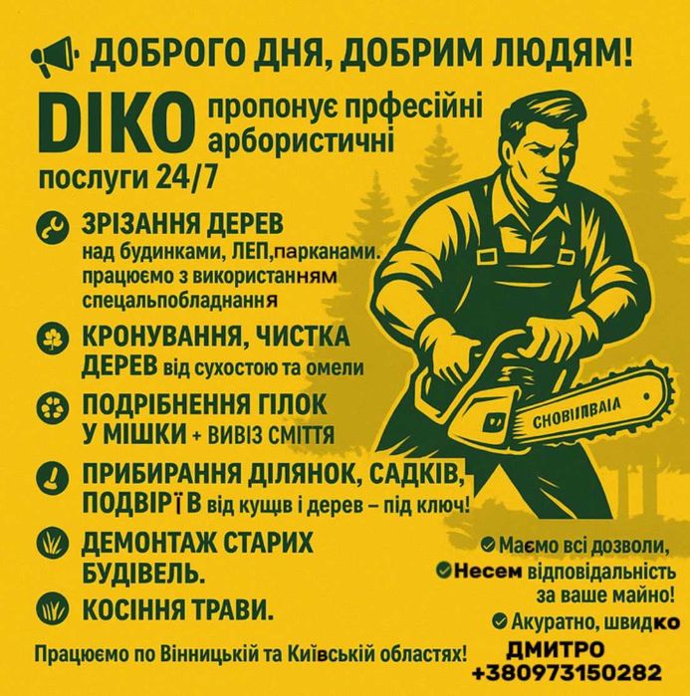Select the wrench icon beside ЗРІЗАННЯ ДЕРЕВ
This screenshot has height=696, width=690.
(49, 228)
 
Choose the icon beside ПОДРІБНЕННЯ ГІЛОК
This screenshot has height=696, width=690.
(49, 409)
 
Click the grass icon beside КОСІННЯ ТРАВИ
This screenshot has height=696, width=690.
(49, 606)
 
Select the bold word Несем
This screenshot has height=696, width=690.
(488, 571)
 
